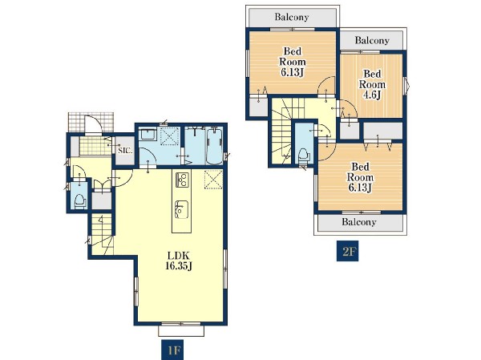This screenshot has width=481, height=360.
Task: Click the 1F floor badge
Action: coord(172,350)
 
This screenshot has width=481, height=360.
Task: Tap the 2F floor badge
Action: coord(348,251)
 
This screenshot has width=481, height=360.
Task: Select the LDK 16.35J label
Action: coord(179,261)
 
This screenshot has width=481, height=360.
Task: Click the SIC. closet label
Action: coord(125,151)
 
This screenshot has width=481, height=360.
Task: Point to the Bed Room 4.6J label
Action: coord(372,84)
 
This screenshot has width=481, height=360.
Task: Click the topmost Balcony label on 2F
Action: coord(292,17)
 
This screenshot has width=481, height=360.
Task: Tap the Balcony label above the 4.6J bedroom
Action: coord(372,40)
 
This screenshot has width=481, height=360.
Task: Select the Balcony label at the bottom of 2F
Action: coord(359,221)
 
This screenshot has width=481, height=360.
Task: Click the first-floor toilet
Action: coord(80,200)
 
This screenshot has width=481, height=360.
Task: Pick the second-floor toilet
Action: coord(304,156)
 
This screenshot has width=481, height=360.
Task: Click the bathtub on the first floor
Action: coord(215,146)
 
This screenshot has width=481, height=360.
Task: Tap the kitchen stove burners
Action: coord(182,180)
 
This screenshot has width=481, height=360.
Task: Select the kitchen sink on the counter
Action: coord(182,209)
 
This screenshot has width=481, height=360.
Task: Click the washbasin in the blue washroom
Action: coord(148,135)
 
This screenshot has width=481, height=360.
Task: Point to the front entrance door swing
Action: coord(93,123)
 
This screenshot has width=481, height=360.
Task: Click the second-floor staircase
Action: coord(281,131)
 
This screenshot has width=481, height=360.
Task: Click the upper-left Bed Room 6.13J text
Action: coord(293,62)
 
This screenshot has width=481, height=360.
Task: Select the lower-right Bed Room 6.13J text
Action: coord(360,177)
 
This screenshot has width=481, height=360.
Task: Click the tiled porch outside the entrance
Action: coord(91,123)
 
